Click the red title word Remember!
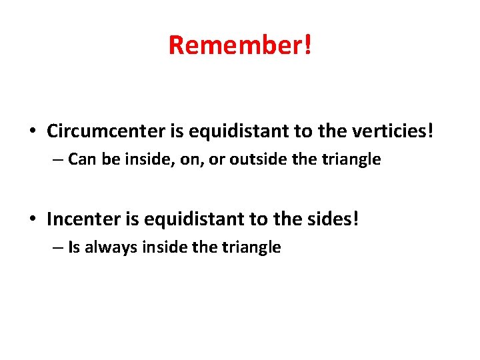pyautogui.click(x=240, y=45)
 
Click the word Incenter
pyautogui.click(x=83, y=219)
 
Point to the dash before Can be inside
pyautogui.click(x=59, y=160)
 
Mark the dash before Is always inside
pyautogui.click(x=59, y=248)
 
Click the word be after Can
pyautogui.click(x=104, y=159)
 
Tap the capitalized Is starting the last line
pyautogui.click(x=74, y=247)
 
